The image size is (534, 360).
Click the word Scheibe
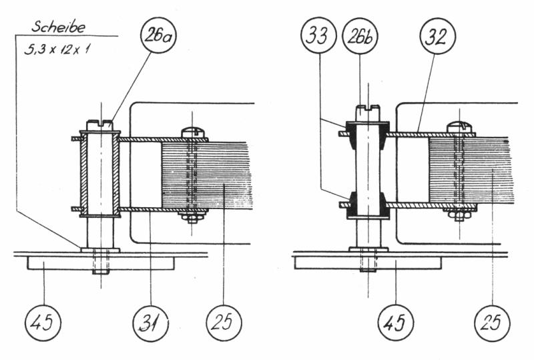pyautogui.click(x=58, y=27)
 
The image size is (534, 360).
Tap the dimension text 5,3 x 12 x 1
pyautogui.click(x=57, y=49)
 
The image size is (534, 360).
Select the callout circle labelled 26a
pyautogui.click(x=158, y=35)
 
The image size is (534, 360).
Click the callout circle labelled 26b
pyautogui.click(x=360, y=35)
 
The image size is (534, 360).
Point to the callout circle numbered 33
pyautogui.click(x=319, y=35)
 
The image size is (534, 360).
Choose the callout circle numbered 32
pyautogui.click(x=437, y=35)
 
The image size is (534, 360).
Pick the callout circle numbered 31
pyautogui.click(x=151, y=323)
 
